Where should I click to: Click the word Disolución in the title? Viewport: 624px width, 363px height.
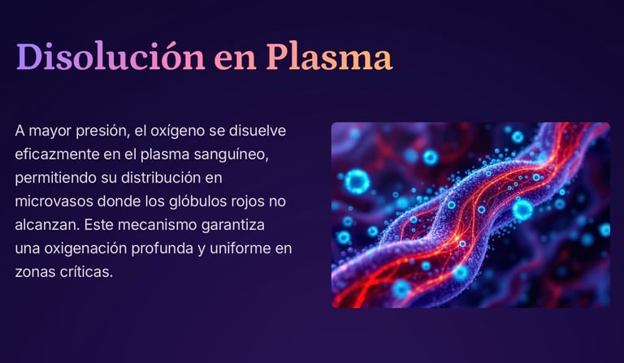tap(110, 56)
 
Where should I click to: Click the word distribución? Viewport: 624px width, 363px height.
tap(174, 177)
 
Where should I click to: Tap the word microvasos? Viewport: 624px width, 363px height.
tap(56, 201)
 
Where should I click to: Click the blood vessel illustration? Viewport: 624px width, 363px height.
tap(470, 215)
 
